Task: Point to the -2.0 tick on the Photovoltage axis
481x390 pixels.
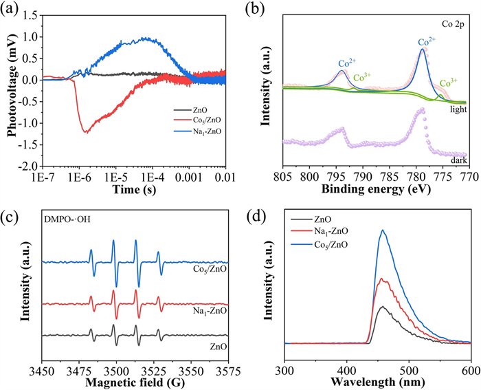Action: tap(30, 166)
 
